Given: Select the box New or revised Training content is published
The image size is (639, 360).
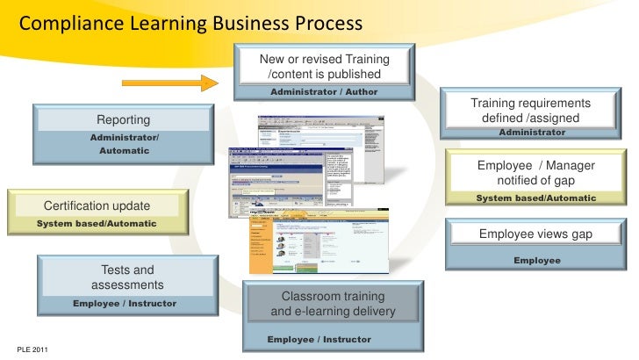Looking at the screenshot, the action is [324, 66].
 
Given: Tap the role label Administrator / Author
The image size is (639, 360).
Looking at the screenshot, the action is [324, 91].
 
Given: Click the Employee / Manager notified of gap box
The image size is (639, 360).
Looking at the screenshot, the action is [535, 172].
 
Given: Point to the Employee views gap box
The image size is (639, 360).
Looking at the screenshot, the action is [535, 234].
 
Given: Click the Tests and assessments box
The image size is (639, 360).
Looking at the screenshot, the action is [127, 277].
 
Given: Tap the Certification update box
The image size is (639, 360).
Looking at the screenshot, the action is [97, 205].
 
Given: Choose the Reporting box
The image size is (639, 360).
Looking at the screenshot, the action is [123, 119].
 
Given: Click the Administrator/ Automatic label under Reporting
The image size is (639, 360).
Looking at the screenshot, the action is [124, 145].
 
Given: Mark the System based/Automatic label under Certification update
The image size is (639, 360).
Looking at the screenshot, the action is [97, 224].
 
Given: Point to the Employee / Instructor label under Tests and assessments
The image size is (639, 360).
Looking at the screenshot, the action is [125, 304].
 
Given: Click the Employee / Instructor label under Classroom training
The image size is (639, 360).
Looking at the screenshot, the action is [319, 339].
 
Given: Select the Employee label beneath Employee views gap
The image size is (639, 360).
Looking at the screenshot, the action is [536, 261].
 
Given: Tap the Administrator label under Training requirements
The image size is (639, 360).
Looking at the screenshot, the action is [532, 132].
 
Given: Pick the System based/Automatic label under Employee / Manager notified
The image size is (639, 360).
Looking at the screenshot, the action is [535, 198].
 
